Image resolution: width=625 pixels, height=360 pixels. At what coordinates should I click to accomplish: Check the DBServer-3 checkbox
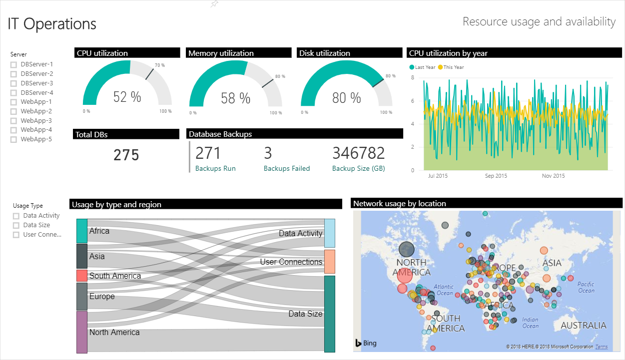[x=13, y=83]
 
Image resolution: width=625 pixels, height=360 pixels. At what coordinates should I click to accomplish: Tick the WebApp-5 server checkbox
[x=13, y=140]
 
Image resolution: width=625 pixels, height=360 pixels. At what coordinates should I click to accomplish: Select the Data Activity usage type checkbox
[x=16, y=216]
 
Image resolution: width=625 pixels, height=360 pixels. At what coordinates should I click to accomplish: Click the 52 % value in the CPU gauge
[x=127, y=97]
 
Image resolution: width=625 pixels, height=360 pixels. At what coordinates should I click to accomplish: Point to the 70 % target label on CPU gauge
[x=159, y=65]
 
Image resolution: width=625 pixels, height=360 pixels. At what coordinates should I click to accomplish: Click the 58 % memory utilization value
[x=235, y=98]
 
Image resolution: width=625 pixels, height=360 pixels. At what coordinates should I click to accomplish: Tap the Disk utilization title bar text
[x=324, y=53]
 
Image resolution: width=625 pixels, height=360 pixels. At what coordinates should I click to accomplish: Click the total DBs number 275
[x=126, y=155]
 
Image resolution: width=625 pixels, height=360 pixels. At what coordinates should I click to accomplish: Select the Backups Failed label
[x=287, y=169]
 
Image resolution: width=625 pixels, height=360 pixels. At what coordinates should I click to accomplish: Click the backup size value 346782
[x=359, y=153]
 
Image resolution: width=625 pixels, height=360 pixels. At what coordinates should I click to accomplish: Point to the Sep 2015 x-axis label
[x=496, y=176]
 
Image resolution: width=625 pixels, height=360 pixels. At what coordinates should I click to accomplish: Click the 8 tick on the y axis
[x=413, y=77]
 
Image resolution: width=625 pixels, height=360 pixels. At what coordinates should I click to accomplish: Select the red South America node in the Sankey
[x=82, y=276]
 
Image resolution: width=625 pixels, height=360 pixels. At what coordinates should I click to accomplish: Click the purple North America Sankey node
[x=82, y=332]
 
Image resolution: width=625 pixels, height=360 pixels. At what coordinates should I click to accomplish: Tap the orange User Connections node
[x=330, y=262]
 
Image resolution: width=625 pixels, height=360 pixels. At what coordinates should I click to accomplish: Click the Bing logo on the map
[x=366, y=343]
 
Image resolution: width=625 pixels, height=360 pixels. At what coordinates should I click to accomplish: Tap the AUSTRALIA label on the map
[x=583, y=326]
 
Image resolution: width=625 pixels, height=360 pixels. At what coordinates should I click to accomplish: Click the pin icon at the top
[x=214, y=4]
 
